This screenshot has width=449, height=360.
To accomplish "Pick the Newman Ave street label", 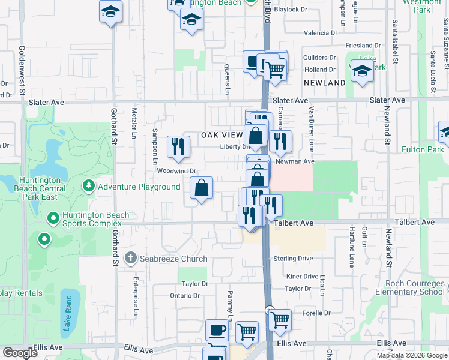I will pyautogui.click(x=295, y=161).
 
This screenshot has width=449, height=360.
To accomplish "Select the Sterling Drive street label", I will pyautogui.click(x=293, y=259).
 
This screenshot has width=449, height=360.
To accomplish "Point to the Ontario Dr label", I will pyautogui.click(x=184, y=296).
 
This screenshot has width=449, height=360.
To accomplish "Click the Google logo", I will pyautogui.click(x=19, y=353).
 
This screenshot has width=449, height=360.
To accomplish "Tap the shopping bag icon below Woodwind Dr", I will pyautogui.click(x=202, y=188).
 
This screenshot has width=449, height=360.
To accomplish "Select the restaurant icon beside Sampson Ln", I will pyautogui.click(x=178, y=147).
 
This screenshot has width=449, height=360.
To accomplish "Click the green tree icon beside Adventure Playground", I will pyautogui.click(x=89, y=187).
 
